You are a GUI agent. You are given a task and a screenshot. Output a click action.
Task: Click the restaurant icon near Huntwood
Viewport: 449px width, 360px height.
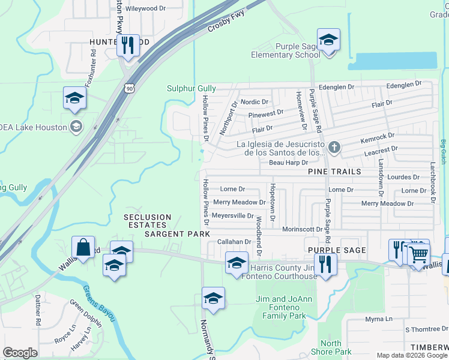tap(127, 46)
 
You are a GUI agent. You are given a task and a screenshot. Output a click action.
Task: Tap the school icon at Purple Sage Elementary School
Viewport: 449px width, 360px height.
tap(328, 41)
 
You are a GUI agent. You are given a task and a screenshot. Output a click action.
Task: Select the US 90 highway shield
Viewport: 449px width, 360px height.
tap(130, 88)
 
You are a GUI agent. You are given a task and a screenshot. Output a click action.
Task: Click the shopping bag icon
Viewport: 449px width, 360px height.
tap(83, 247)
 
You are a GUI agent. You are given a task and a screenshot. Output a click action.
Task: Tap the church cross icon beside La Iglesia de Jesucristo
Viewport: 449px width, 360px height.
tap(335, 147)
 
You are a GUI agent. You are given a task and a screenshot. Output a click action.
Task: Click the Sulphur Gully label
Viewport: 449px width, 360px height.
tap(191, 88)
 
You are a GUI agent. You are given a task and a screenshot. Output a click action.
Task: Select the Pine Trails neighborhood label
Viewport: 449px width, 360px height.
tap(334, 172)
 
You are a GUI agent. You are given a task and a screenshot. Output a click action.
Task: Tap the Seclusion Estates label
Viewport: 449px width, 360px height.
tap(148, 217)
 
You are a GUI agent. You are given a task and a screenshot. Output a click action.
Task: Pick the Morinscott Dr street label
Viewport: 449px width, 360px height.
tap(303, 229)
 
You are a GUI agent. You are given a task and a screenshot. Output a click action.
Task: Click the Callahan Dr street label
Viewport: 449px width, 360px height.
tap(233, 241)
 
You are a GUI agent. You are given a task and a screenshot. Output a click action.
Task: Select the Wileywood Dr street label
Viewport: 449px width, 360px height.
tap(145, 8)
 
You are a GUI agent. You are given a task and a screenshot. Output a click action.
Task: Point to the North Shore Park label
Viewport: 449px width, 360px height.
tap(331, 347)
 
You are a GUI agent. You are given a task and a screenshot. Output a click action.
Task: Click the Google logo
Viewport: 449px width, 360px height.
tap(20, 353)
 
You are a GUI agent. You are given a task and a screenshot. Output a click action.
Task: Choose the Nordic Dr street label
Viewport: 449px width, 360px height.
tap(254, 102)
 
